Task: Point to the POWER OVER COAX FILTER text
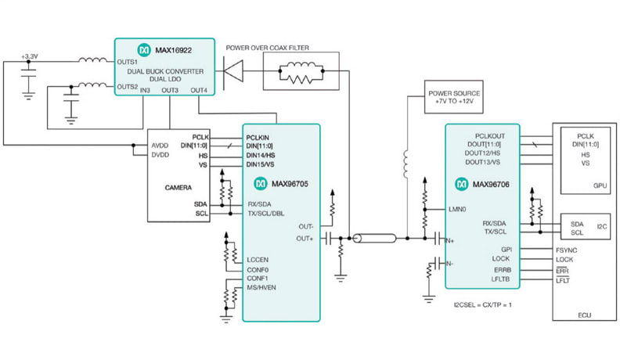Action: [x=268, y=47]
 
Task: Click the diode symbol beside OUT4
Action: [x=232, y=76]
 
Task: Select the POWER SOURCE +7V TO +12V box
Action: [x=455, y=98]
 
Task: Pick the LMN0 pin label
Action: [x=459, y=210]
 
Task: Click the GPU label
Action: [x=600, y=186]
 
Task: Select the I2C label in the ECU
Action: [x=602, y=227]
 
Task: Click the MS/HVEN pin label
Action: [x=262, y=287]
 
